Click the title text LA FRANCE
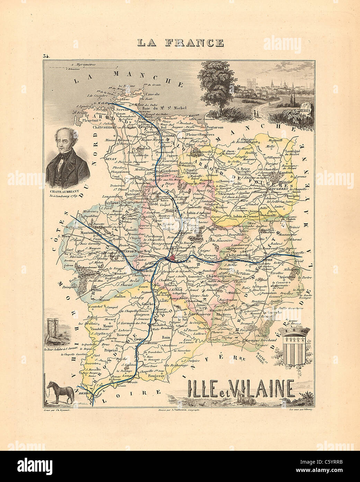click(x=180, y=43)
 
